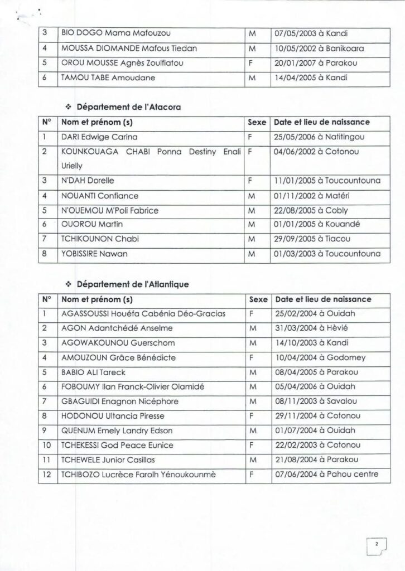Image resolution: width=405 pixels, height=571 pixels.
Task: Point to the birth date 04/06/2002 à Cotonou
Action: click(312, 151)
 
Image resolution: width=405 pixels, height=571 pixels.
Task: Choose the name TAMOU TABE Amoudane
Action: click(100, 78)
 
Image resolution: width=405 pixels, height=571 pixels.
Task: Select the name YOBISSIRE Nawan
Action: click(94, 254)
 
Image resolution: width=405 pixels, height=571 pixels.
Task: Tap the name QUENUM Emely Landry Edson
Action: click(117, 430)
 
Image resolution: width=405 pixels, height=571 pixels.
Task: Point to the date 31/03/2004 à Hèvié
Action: click(307, 328)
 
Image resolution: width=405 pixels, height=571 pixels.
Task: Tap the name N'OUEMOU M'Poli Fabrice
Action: click(110, 210)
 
